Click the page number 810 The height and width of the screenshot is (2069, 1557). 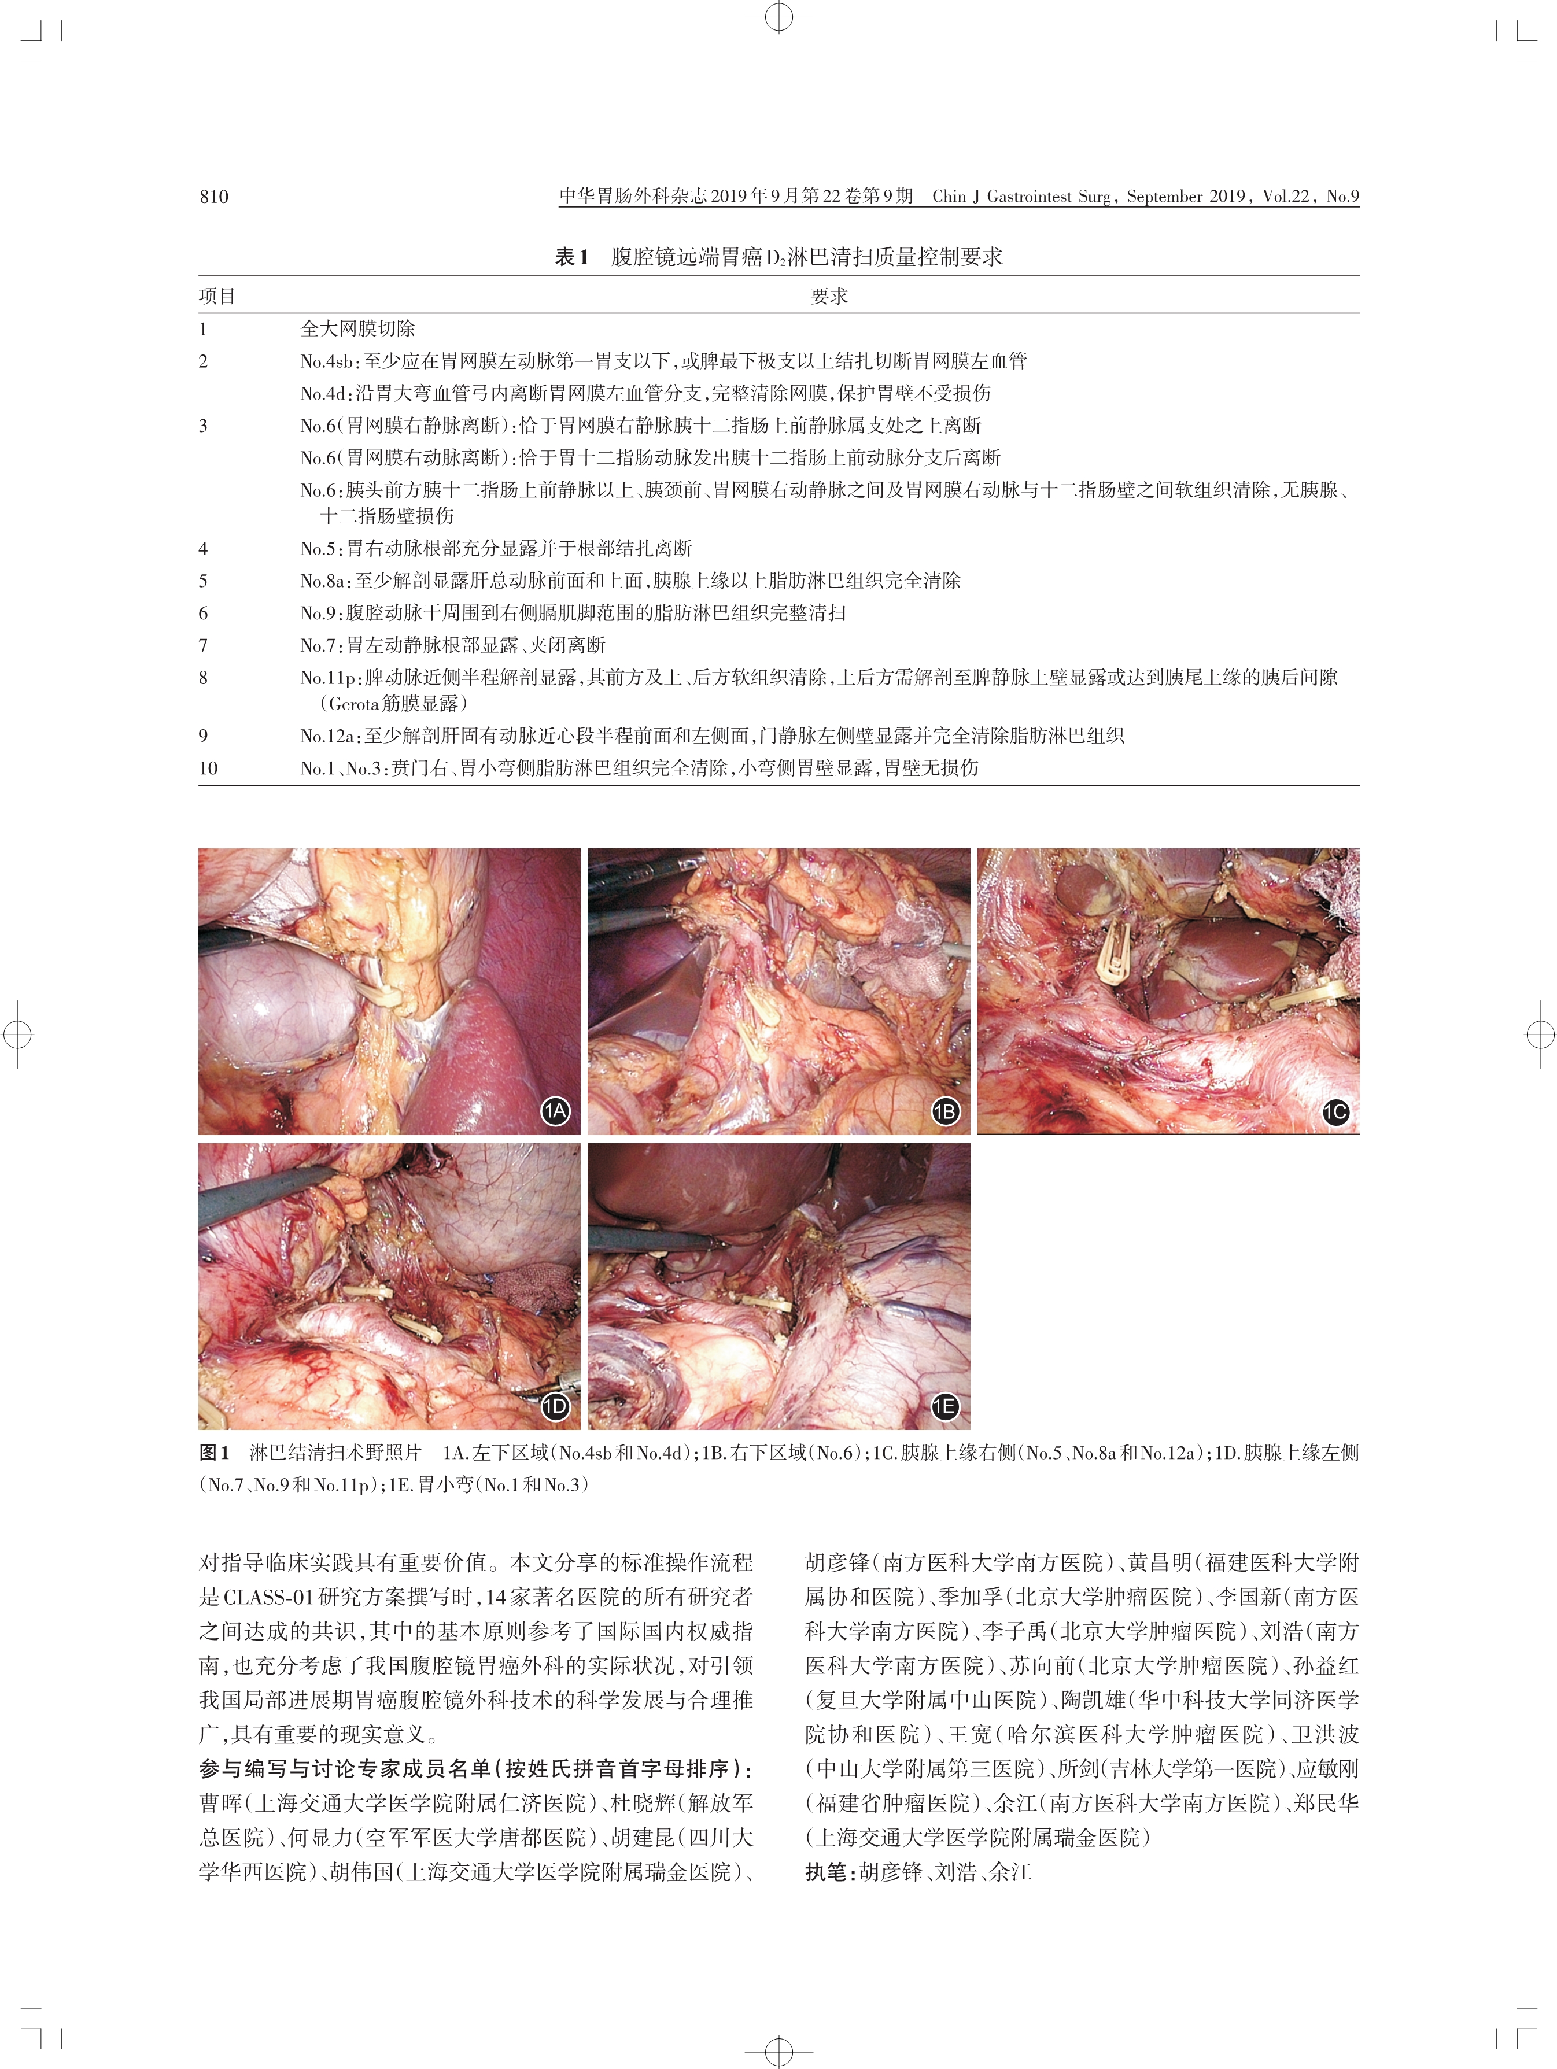tap(213, 197)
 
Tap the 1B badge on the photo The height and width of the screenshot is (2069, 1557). tap(945, 1111)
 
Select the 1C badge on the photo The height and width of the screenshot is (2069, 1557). tap(1335, 1112)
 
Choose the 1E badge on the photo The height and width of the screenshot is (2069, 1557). tap(945, 1406)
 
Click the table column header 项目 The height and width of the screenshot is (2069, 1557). tap(217, 297)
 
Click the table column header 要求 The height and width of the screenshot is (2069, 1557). tap(829, 297)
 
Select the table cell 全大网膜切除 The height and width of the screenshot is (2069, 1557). tap(357, 328)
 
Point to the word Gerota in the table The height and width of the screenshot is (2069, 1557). tap(355, 703)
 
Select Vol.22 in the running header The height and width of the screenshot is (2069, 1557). tap(1286, 197)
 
